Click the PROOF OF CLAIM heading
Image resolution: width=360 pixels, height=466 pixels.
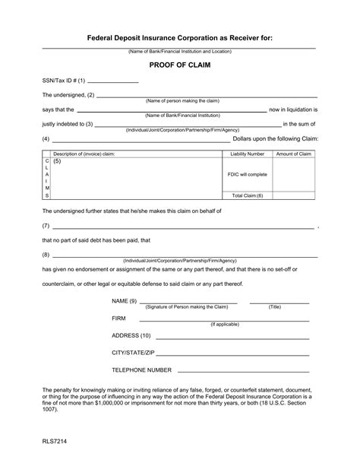[x=180, y=65]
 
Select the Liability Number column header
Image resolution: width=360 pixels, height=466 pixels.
[x=247, y=154]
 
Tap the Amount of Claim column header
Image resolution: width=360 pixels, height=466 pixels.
[x=294, y=154]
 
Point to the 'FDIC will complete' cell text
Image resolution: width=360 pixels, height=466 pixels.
[x=247, y=174]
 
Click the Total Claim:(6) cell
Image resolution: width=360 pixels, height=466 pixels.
[x=247, y=195]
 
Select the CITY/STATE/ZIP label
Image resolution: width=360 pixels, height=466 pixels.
[x=134, y=353]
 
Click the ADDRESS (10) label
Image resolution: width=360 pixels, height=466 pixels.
[x=131, y=335]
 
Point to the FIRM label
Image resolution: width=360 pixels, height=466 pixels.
[x=118, y=318]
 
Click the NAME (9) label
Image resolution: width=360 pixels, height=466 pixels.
[x=125, y=301]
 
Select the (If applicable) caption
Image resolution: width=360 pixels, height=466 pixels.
[x=225, y=324]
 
